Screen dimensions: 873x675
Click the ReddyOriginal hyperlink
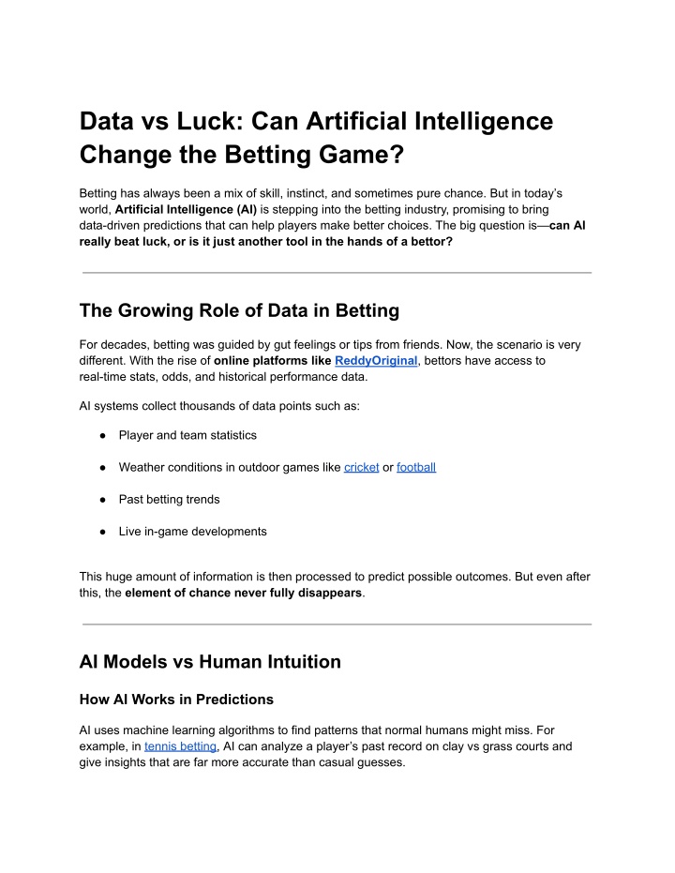(375, 360)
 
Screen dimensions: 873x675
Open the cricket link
(361, 467)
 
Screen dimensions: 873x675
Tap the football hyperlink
(416, 467)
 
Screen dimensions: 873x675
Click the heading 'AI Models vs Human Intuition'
(210, 662)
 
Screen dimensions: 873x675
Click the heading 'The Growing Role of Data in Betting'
(239, 310)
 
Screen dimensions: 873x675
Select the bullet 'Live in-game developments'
(192, 532)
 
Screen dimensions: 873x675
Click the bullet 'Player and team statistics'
(187, 435)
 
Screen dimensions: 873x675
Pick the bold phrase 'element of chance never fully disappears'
(243, 594)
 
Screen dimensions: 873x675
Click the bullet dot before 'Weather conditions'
(100, 467)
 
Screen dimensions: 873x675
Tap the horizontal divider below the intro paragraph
(337, 273)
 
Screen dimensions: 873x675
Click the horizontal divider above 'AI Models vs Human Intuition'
(337, 624)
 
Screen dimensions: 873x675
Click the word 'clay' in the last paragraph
(449, 746)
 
